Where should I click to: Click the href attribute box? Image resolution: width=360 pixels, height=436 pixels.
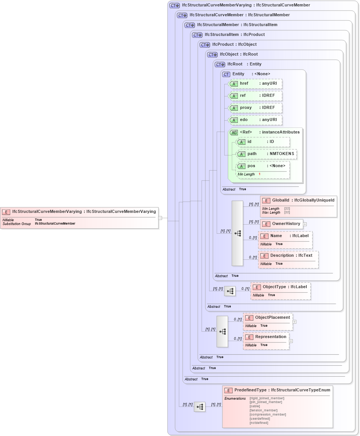pyautogui.click(x=255, y=83)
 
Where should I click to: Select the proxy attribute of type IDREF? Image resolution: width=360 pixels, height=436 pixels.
pyautogui.click(x=255, y=108)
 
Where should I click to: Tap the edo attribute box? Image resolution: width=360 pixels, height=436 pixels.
pyautogui.click(x=255, y=120)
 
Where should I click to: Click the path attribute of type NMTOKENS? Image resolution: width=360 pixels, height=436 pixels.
pyautogui.click(x=267, y=154)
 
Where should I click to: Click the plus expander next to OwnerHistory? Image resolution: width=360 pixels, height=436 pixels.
pyautogui.click(x=305, y=224)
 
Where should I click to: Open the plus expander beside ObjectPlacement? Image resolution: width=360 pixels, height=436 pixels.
pyautogui.click(x=295, y=322)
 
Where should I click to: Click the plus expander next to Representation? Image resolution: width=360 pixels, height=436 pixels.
pyautogui.click(x=291, y=341)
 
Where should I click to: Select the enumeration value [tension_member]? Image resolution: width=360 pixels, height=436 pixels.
pyautogui.click(x=264, y=410)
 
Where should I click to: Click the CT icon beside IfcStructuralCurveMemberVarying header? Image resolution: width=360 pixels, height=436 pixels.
pyautogui.click(x=174, y=5)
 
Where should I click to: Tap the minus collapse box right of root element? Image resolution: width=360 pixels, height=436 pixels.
pyautogui.click(x=160, y=218)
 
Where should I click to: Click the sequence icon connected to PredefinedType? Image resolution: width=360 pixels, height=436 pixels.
pyautogui.click(x=200, y=407)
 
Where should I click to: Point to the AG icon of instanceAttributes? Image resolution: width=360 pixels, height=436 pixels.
pyautogui.click(x=234, y=132)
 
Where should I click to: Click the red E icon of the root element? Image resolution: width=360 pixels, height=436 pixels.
pyautogui.click(x=6, y=212)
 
